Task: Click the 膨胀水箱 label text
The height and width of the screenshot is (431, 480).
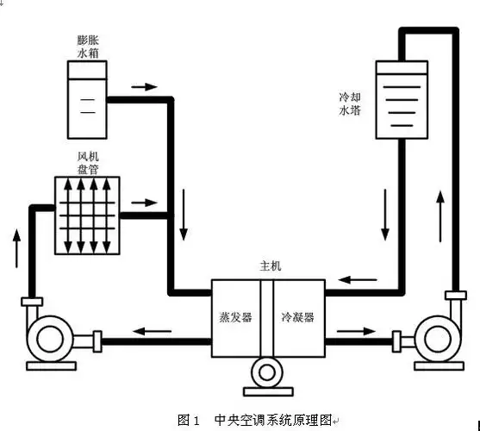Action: pyautogui.click(x=89, y=47)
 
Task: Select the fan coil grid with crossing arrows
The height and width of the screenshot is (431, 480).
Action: pyautogui.click(x=87, y=215)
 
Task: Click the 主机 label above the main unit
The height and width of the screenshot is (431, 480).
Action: pyautogui.click(x=270, y=268)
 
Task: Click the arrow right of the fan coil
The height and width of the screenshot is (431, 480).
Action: pyautogui.click(x=144, y=203)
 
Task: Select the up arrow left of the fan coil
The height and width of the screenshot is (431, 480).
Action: pyautogui.click(x=16, y=247)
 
